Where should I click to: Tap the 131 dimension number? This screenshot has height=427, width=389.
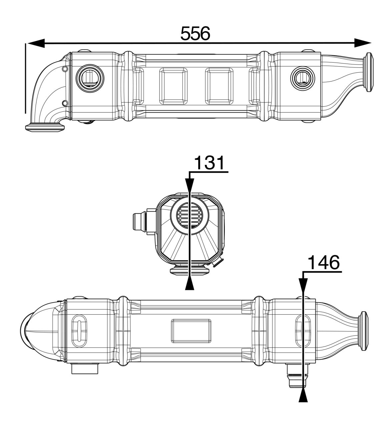click(x=210, y=163)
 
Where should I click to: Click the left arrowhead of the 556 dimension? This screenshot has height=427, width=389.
click(x=35, y=43)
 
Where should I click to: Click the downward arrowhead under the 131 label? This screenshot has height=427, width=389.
click(x=189, y=185)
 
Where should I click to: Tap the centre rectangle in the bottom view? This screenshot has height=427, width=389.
click(x=191, y=331)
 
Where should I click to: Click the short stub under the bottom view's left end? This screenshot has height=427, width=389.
click(x=85, y=369)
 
